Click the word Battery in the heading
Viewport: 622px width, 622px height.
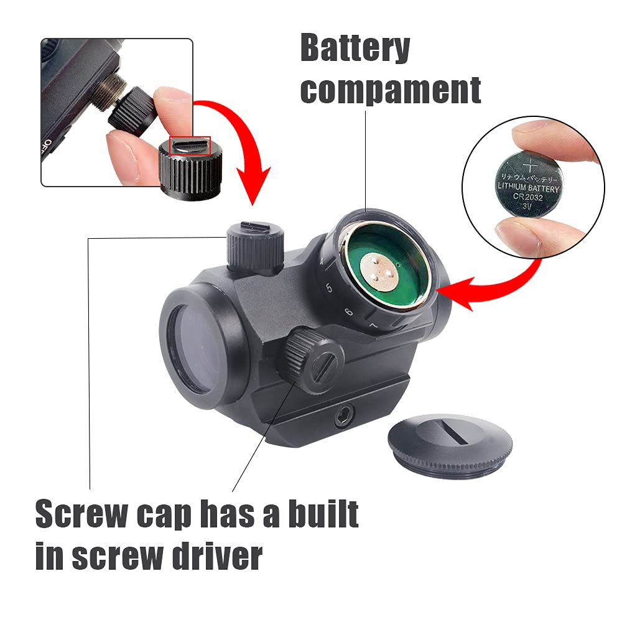[x=355, y=49]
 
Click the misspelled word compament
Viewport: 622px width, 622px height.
[x=391, y=90]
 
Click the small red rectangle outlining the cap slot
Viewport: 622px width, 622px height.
[x=190, y=146]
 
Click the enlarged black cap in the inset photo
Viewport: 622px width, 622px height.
[x=190, y=164]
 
